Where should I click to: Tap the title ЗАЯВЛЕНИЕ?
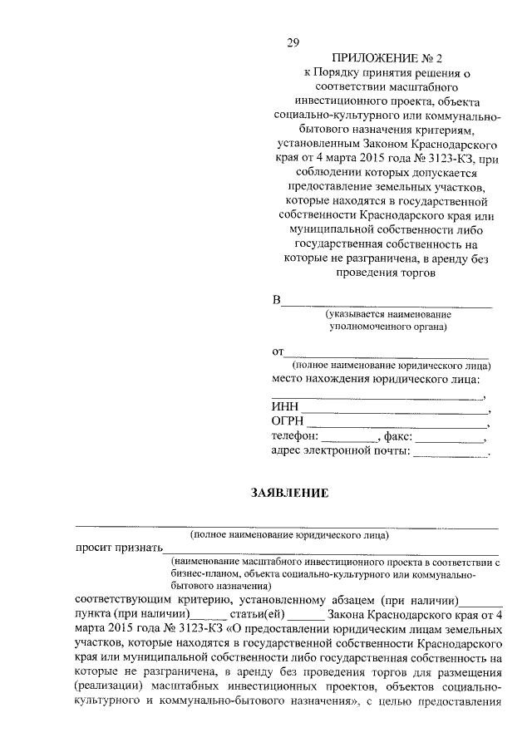[x=290, y=493]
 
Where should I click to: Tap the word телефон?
[x=295, y=436]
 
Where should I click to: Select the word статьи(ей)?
[x=259, y=614]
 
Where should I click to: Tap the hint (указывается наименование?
[x=387, y=314]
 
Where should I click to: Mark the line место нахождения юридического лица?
[x=376, y=379]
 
